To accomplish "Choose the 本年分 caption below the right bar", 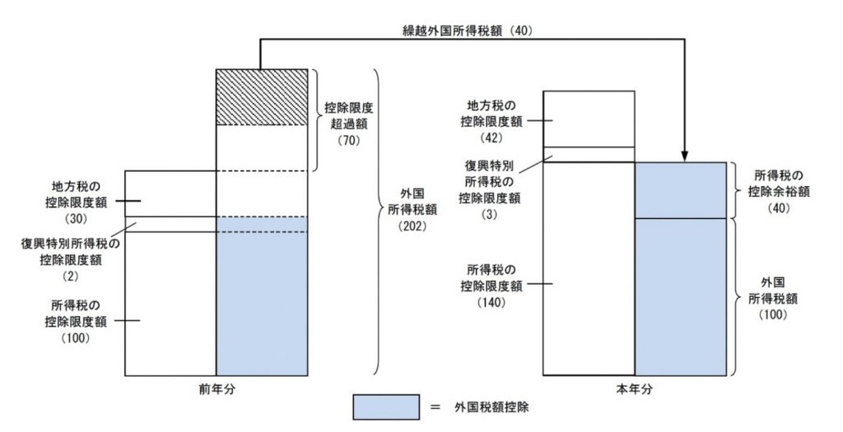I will (635, 388).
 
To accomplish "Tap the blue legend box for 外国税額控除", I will (386, 407).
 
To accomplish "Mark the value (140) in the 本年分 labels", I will (490, 301).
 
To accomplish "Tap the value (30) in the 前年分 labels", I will (75, 220).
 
